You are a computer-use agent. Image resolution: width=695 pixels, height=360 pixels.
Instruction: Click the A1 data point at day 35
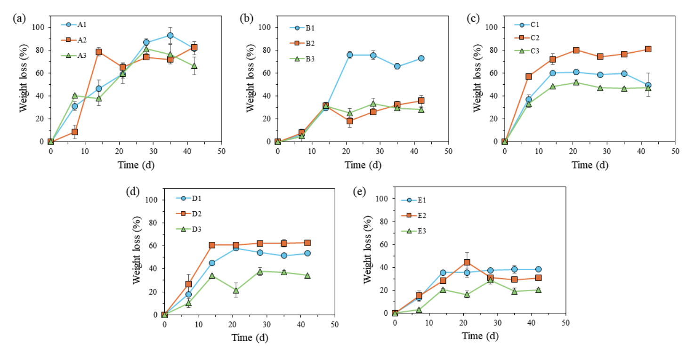click(170, 35)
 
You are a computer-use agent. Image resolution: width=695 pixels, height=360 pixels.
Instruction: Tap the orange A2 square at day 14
click(99, 52)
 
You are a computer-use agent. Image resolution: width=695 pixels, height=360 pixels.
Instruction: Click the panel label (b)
click(246, 18)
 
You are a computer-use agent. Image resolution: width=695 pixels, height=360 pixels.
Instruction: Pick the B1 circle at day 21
click(350, 55)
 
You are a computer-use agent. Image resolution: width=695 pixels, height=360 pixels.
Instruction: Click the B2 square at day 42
click(421, 100)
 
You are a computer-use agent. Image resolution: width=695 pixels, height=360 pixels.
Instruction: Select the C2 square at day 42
click(648, 49)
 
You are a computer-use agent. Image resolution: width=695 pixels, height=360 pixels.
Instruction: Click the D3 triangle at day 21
click(236, 290)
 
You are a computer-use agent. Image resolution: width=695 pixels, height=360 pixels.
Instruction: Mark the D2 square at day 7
click(188, 284)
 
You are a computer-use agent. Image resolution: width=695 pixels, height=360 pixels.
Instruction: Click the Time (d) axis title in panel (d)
click(250, 337)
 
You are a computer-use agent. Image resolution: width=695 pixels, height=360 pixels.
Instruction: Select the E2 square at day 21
click(467, 262)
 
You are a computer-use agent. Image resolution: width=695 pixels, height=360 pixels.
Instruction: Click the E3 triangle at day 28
click(490, 280)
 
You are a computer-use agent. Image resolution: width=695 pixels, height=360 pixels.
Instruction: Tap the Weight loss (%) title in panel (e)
click(369, 256)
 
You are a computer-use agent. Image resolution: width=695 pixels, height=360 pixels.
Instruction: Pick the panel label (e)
click(359, 192)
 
